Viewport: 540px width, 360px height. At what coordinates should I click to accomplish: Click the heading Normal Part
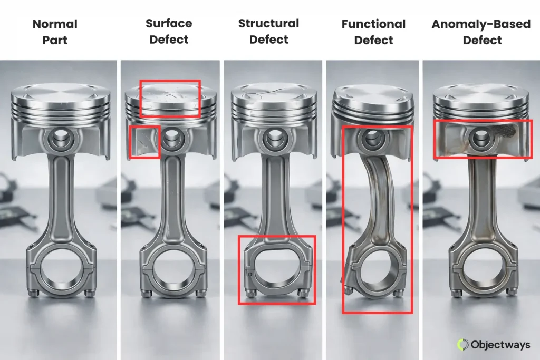tap(55, 32)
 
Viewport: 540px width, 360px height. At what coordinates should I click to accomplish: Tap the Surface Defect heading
tap(169, 32)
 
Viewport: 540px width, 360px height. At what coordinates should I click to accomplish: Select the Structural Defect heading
tap(268, 32)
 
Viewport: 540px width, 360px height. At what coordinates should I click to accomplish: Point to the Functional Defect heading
tap(373, 32)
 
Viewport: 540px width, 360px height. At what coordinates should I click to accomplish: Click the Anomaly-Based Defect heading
tap(481, 32)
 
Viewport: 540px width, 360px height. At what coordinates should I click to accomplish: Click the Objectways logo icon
tap(463, 345)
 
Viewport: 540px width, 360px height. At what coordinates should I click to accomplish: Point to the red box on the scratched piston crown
tap(170, 98)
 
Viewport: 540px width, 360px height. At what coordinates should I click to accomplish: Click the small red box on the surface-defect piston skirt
tap(144, 141)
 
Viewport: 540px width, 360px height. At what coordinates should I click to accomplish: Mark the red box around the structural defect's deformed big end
tap(277, 270)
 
